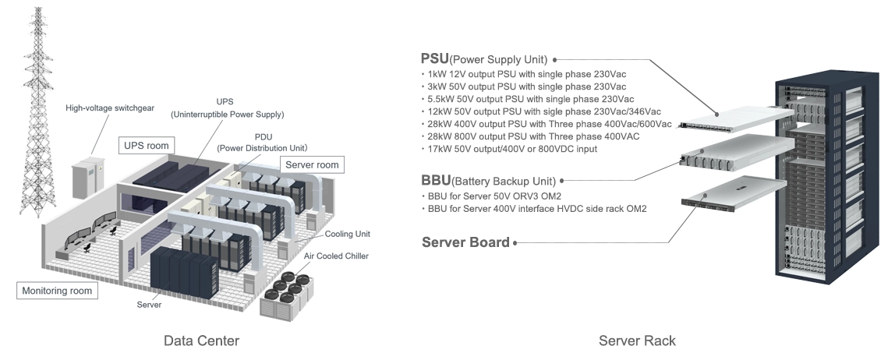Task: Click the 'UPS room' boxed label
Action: [x=146, y=146]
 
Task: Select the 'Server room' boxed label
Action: [x=311, y=164]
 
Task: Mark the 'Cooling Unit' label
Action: [x=348, y=233]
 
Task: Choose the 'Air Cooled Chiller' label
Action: [x=336, y=256]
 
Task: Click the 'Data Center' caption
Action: [x=201, y=341]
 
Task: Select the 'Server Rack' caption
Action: [x=637, y=341]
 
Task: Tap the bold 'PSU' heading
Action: [x=435, y=59]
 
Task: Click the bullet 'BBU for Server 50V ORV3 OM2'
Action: [x=496, y=196]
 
